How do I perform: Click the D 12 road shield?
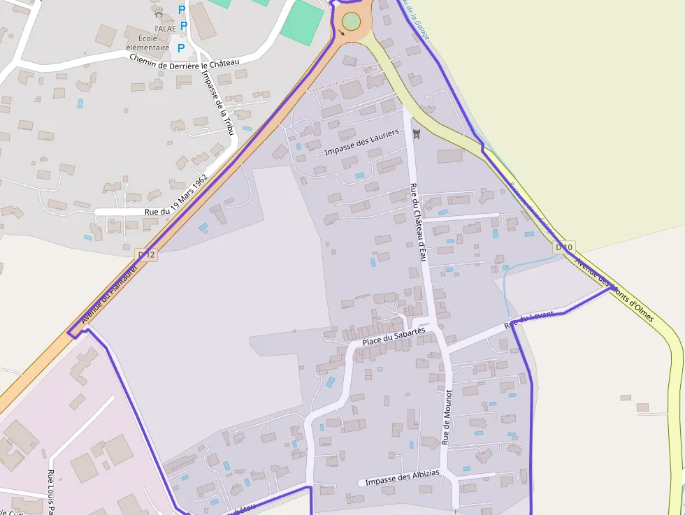coord(146,255)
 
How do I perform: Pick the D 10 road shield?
coord(564,247)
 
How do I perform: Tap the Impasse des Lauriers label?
coord(361,142)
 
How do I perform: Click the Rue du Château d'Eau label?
coord(418,222)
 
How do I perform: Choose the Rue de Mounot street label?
coord(447,417)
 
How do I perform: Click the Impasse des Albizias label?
coord(402,477)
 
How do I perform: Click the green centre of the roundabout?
coord(351,21)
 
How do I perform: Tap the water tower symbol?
coord(417,132)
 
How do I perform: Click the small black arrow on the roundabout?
coord(341,32)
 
